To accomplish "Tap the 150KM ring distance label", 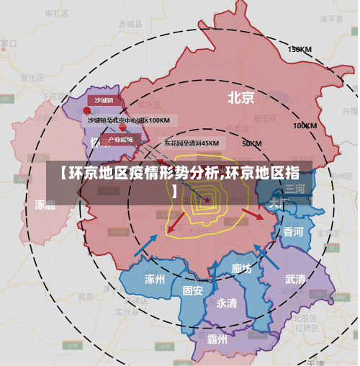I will (299, 50).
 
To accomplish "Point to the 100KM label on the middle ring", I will (305, 125).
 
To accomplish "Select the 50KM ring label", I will (251, 143).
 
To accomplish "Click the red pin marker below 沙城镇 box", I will (87, 111).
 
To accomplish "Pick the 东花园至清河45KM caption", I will (191, 143).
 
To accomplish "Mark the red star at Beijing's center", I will (207, 200).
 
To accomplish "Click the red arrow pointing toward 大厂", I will (251, 213).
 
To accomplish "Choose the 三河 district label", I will (294, 189).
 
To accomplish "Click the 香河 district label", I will (292, 232).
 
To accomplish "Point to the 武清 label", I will (294, 279).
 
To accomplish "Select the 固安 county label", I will (192, 290).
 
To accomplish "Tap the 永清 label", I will (227, 303).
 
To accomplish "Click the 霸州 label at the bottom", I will (217, 339).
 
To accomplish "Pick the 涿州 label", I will (155, 278).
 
